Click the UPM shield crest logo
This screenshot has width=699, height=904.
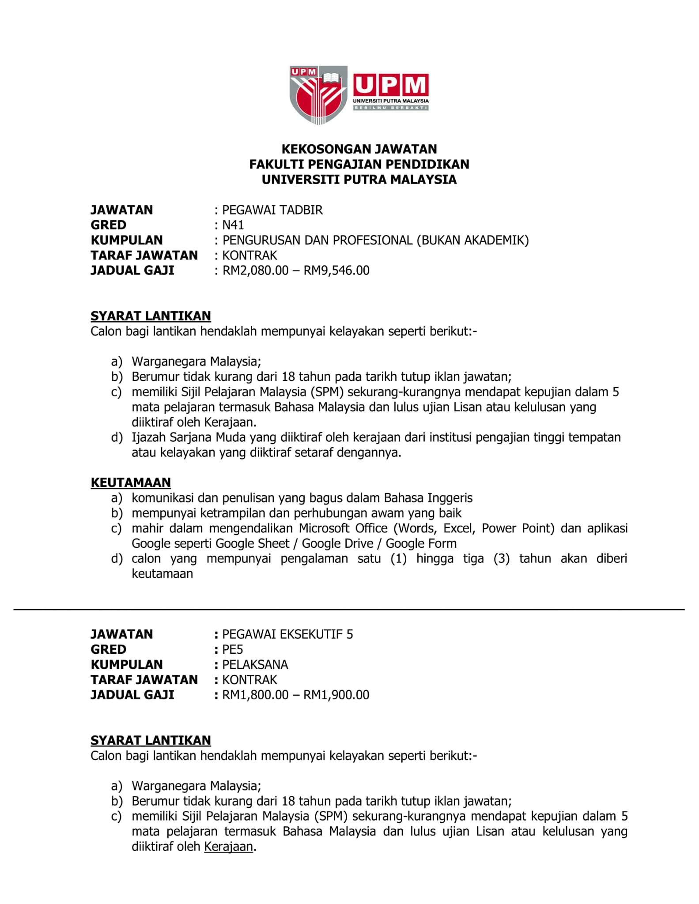pyautogui.click(x=318, y=94)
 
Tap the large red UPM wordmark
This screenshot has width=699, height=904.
pyautogui.click(x=391, y=85)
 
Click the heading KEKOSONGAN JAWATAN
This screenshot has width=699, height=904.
pyautogui.click(x=359, y=149)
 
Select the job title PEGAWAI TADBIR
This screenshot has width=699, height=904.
pyautogui.click(x=272, y=210)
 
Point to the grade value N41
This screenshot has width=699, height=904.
pyautogui.click(x=233, y=225)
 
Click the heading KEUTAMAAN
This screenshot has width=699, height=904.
pyautogui.click(x=131, y=482)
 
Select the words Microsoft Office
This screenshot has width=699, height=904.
pyautogui.click(x=343, y=528)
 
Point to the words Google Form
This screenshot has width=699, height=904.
pyautogui.click(x=421, y=543)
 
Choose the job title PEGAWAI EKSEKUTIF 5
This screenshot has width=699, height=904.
pyautogui.click(x=287, y=634)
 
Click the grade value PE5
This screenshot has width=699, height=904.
pyautogui.click(x=233, y=649)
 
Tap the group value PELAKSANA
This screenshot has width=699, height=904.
pyautogui.click(x=255, y=665)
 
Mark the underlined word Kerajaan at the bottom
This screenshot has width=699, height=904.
pyautogui.click(x=229, y=847)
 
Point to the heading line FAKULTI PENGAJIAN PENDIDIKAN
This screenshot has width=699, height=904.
pyautogui.click(x=359, y=165)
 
